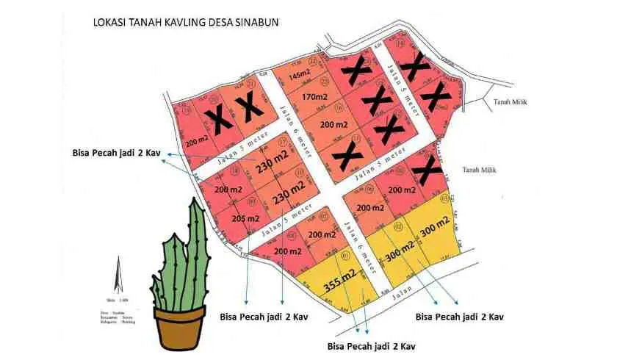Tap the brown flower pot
tap(179, 324)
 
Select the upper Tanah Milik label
tap(511, 102)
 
